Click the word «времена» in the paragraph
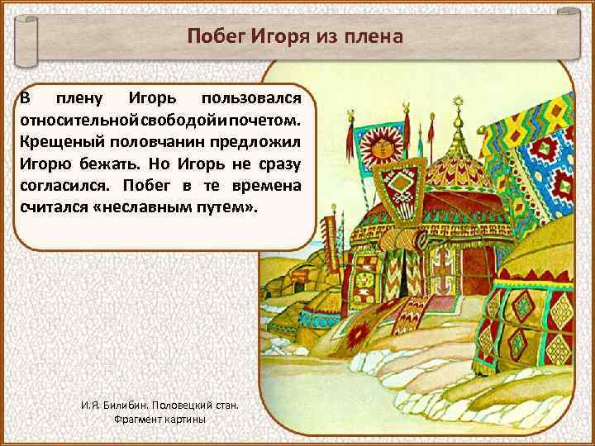[x=278, y=184]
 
